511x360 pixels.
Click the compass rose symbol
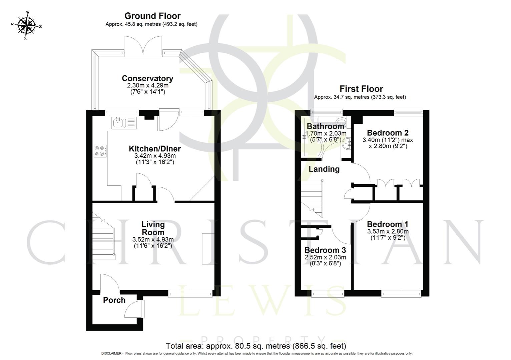(27, 25)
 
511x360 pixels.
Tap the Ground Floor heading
(152, 16)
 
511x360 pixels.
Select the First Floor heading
(361, 89)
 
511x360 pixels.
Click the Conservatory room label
(147, 78)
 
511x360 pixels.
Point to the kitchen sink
(118, 123)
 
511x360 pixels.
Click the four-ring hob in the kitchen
(100, 151)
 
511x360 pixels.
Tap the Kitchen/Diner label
(155, 149)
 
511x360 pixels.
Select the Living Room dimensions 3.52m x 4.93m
(153, 239)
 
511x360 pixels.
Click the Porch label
(114, 300)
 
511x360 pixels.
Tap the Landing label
(324, 169)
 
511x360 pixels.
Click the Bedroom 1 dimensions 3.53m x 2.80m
(388, 231)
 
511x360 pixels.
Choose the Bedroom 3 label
(325, 250)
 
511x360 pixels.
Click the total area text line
(256, 346)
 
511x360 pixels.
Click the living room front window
(190, 293)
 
